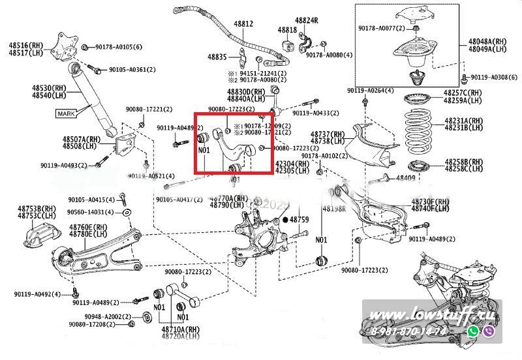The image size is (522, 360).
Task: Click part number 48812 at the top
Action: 243,23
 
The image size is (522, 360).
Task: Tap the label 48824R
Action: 306,21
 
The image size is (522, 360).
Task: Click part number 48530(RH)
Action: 50,87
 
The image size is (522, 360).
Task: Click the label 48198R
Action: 334,210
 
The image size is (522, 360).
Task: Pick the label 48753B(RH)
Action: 36,209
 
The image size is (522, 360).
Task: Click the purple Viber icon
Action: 491,332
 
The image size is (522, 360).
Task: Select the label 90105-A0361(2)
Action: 132,69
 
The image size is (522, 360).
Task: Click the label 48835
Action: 217,57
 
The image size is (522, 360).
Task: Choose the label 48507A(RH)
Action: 82,140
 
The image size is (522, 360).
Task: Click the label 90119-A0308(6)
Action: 494,77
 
